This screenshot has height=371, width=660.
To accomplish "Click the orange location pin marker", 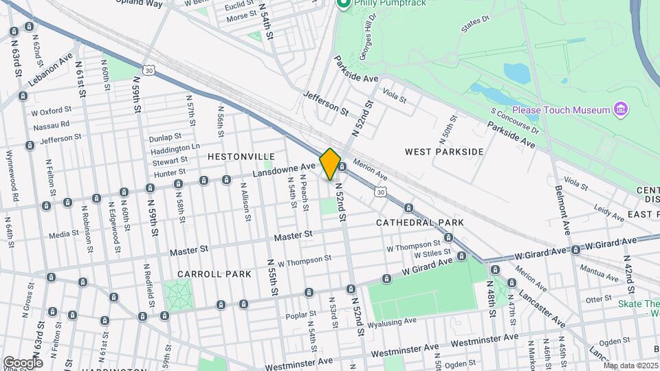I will (330, 164).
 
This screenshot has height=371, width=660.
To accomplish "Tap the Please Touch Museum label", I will (560, 110).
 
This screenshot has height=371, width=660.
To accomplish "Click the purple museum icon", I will (621, 109).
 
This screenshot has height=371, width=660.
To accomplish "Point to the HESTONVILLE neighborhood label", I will (241, 157).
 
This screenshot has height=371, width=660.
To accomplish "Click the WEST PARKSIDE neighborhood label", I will (444, 151).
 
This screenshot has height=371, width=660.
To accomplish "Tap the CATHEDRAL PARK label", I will (419, 223).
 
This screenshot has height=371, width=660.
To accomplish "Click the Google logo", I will (23, 362).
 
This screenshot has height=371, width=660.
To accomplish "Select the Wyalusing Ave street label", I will (392, 321).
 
